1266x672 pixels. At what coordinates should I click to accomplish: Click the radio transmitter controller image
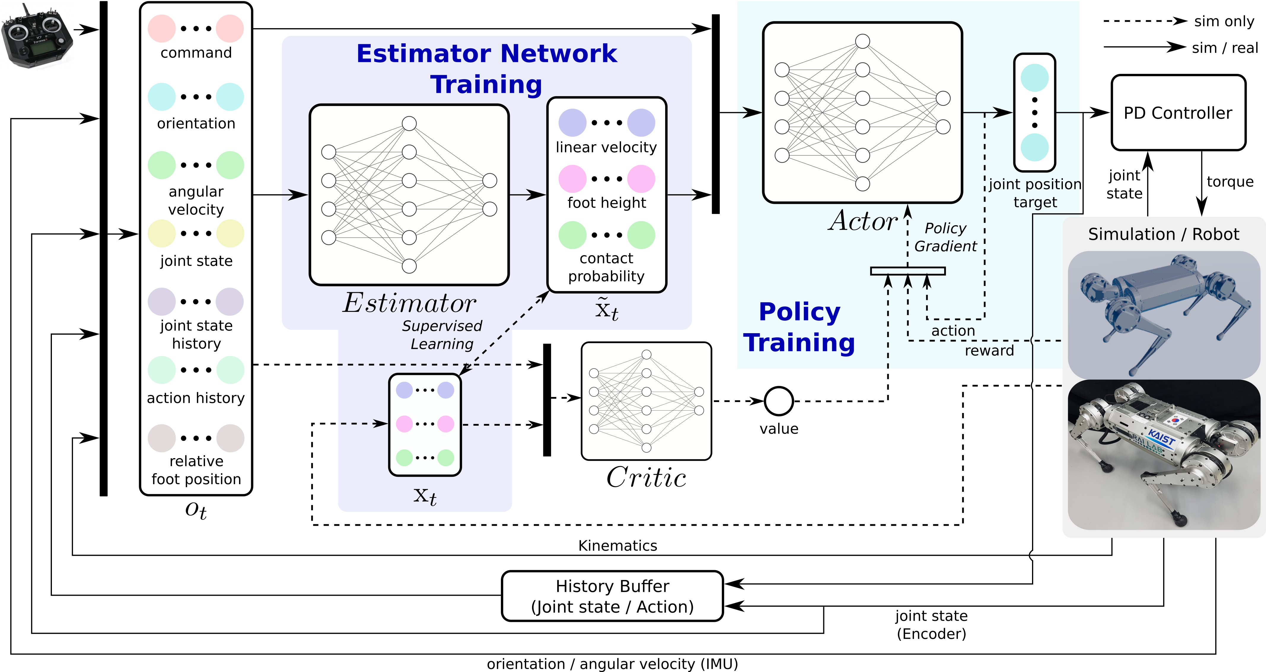click(37, 35)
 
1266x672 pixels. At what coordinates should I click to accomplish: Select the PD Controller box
click(1178, 112)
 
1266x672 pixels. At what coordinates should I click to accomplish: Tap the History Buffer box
click(612, 596)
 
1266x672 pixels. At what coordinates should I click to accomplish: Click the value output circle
click(778, 401)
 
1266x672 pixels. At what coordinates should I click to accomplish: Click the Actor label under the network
click(862, 221)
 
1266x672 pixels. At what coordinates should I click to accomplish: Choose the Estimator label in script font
click(409, 303)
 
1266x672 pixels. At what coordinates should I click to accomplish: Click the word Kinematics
click(617, 545)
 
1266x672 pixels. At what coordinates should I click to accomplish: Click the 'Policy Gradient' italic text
click(945, 237)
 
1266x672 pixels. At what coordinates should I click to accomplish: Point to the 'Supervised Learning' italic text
click(442, 335)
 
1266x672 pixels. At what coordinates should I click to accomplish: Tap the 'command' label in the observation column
click(196, 53)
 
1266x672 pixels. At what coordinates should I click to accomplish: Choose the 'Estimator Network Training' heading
click(487, 69)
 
